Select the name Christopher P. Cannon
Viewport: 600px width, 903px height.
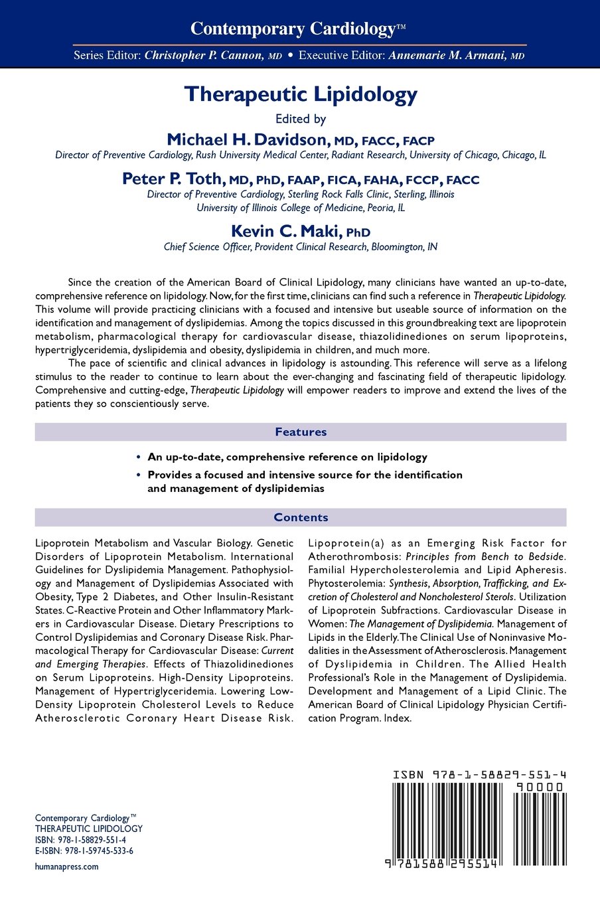click(204, 56)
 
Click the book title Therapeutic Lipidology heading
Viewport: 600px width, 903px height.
click(301, 94)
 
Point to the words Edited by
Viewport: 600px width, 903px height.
click(301, 120)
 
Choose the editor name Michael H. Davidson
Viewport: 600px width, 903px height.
click(248, 139)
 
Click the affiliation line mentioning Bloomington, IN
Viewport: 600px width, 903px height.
click(301, 247)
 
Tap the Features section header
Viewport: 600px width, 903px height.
click(301, 432)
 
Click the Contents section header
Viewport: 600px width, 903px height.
click(301, 518)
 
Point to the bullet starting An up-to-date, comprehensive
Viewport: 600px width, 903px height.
click(287, 457)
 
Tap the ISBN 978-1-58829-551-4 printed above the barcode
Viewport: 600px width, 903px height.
click(479, 775)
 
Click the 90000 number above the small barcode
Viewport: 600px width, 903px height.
click(540, 787)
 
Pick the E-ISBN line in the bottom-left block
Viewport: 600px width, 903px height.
click(84, 851)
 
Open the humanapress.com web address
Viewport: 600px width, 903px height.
click(66, 866)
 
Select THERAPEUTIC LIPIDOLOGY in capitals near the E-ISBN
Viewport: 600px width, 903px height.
click(89, 829)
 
